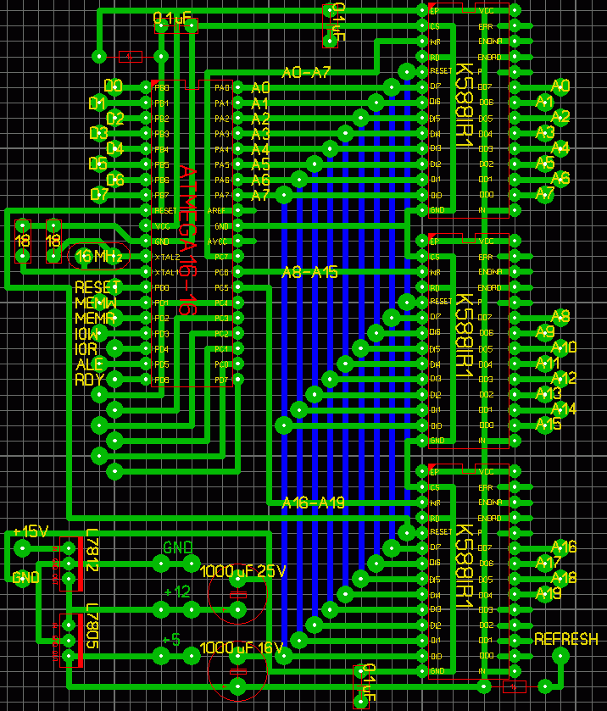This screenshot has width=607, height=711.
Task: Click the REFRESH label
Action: (565, 640)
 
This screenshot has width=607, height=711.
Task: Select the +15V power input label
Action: (31, 531)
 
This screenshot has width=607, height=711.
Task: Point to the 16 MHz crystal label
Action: (99, 255)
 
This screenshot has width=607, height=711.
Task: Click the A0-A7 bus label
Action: (306, 73)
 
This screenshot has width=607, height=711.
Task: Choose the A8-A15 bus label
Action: (309, 272)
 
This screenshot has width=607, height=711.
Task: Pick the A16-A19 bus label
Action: (313, 503)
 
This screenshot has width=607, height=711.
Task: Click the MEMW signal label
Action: (96, 303)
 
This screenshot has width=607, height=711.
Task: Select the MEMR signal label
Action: (96, 318)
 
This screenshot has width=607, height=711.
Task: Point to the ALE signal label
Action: (89, 364)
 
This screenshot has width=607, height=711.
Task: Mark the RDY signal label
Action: (89, 380)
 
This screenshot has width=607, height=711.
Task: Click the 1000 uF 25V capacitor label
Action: (243, 571)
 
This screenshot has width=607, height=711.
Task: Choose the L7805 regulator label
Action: (92, 628)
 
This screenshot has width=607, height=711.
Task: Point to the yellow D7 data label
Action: (99, 194)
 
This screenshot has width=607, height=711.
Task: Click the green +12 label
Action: (177, 592)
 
